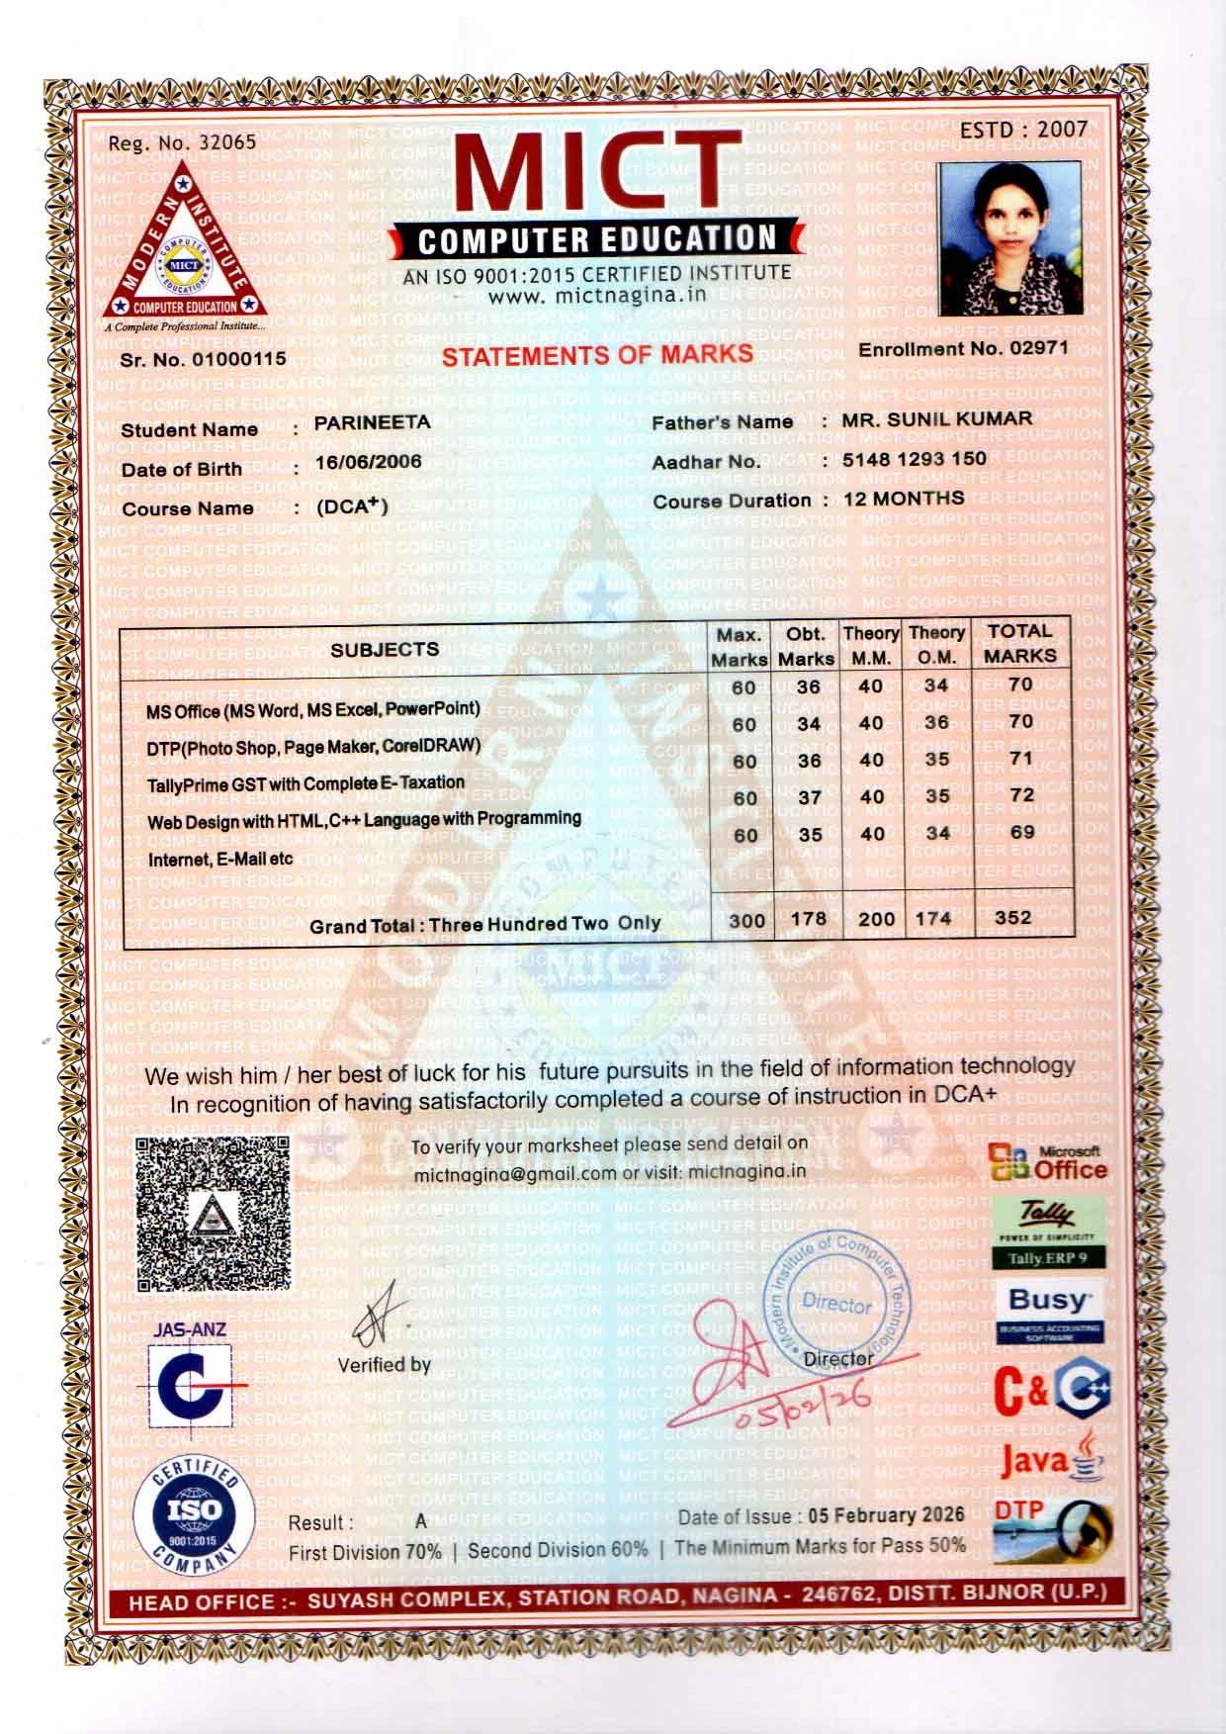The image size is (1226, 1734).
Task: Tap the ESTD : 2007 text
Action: [1023, 130]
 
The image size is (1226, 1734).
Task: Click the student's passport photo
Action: [1007, 238]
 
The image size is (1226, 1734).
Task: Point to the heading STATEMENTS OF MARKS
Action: [597, 355]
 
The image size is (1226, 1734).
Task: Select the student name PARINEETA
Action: [373, 422]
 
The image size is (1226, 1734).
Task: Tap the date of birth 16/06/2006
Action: [369, 462]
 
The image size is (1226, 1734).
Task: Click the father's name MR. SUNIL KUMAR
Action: [936, 419]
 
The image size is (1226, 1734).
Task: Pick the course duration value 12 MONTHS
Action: [904, 499]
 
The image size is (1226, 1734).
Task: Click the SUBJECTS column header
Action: [385, 650]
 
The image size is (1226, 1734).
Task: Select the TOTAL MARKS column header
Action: [1019, 643]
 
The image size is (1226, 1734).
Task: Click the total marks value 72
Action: [1021, 794]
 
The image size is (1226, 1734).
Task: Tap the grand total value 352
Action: [1013, 917]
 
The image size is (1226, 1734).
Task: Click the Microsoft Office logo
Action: [1049, 1164]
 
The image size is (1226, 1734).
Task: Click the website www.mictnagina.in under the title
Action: [597, 295]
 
